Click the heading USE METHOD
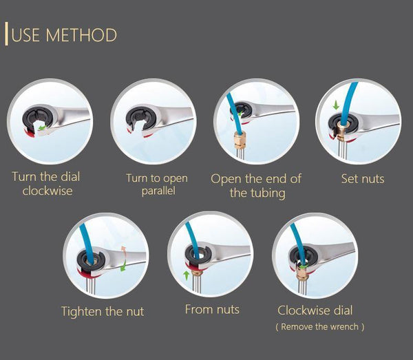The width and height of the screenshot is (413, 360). click(64, 34)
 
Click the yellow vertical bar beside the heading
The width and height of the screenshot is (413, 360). click(7, 34)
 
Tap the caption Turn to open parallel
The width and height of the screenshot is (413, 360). click(156, 184)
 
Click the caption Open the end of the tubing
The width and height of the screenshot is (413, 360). click(256, 186)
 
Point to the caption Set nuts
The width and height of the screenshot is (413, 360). click(363, 179)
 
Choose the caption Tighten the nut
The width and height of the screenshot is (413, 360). click(103, 311)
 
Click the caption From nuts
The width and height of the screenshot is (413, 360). click(212, 310)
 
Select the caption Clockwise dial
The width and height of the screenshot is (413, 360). click(315, 310)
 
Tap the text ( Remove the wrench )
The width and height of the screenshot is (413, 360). click(320, 327)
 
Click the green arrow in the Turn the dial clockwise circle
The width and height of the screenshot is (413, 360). click(43, 127)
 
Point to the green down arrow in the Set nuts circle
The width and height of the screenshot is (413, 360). click(335, 106)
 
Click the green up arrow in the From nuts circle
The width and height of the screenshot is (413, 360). click(187, 275)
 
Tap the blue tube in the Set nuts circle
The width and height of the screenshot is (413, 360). click(352, 96)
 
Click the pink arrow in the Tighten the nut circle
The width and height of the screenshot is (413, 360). click(125, 251)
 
